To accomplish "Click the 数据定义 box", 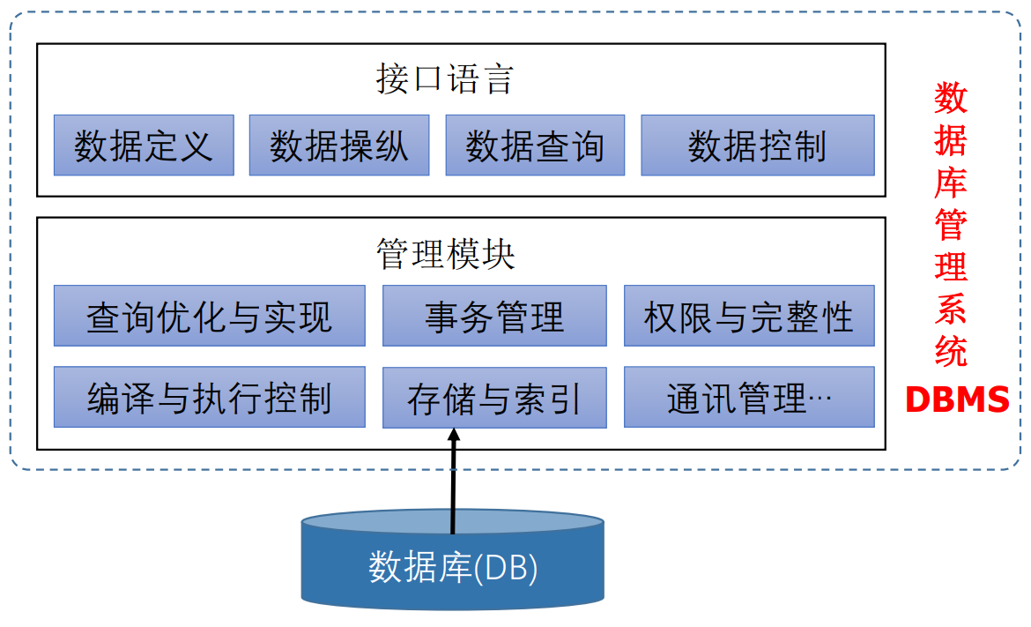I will click(144, 146).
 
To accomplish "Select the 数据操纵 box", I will click(339, 146).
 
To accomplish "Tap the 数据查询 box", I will click(535, 146).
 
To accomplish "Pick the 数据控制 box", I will click(757, 146).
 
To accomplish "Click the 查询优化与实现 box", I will click(210, 316).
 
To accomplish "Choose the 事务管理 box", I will click(494, 316).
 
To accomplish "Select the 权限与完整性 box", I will click(749, 316).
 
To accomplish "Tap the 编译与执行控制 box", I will click(210, 398).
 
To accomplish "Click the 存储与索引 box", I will click(494, 399).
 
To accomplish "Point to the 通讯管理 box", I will click(749, 398).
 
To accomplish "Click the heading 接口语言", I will click(445, 80).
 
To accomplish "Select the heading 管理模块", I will click(445, 255).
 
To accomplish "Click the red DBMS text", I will click(957, 400).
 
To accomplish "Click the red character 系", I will click(951, 310).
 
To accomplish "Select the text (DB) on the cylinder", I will click(506, 567).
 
